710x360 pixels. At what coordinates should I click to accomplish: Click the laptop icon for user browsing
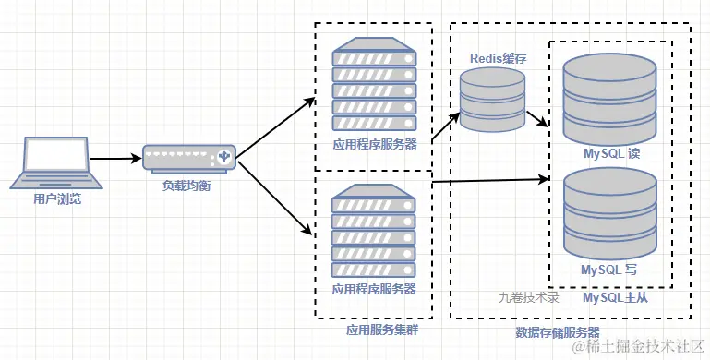pyautogui.click(x=55, y=163)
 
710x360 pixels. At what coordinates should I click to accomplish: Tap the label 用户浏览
pyautogui.click(x=55, y=198)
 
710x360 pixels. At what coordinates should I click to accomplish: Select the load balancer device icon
pyautogui.click(x=190, y=158)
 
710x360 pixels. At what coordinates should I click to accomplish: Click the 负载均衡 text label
pyautogui.click(x=189, y=185)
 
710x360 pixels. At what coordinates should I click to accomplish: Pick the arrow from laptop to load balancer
pyautogui.click(x=115, y=159)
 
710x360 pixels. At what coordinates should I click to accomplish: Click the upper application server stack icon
pyautogui.click(x=374, y=88)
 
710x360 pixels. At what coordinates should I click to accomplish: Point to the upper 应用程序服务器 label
pyautogui.click(x=374, y=144)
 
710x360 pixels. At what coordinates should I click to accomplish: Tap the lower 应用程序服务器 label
pyautogui.click(x=374, y=289)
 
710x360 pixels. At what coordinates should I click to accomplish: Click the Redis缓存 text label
pyautogui.click(x=496, y=59)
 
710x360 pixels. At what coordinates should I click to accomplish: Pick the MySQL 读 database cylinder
pyautogui.click(x=610, y=96)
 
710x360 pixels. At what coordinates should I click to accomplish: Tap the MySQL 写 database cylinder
pyautogui.click(x=610, y=214)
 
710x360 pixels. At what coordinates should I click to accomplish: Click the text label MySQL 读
pyautogui.click(x=610, y=153)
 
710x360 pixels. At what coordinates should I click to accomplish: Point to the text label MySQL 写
pyautogui.click(x=610, y=270)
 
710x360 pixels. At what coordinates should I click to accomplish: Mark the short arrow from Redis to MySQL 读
pyautogui.click(x=538, y=120)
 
